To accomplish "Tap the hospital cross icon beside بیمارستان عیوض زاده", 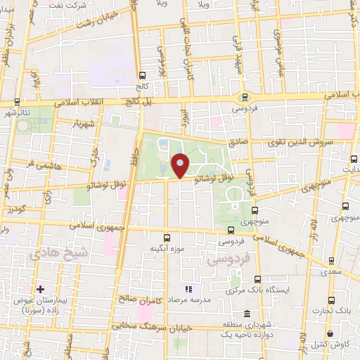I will (41, 289).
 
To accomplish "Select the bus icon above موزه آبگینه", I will (167, 238).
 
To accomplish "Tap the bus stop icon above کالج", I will (143, 76).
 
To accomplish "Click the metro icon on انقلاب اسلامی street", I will (245, 98).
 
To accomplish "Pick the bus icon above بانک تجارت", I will (342, 299).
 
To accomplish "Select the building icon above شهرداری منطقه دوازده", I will (246, 314).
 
